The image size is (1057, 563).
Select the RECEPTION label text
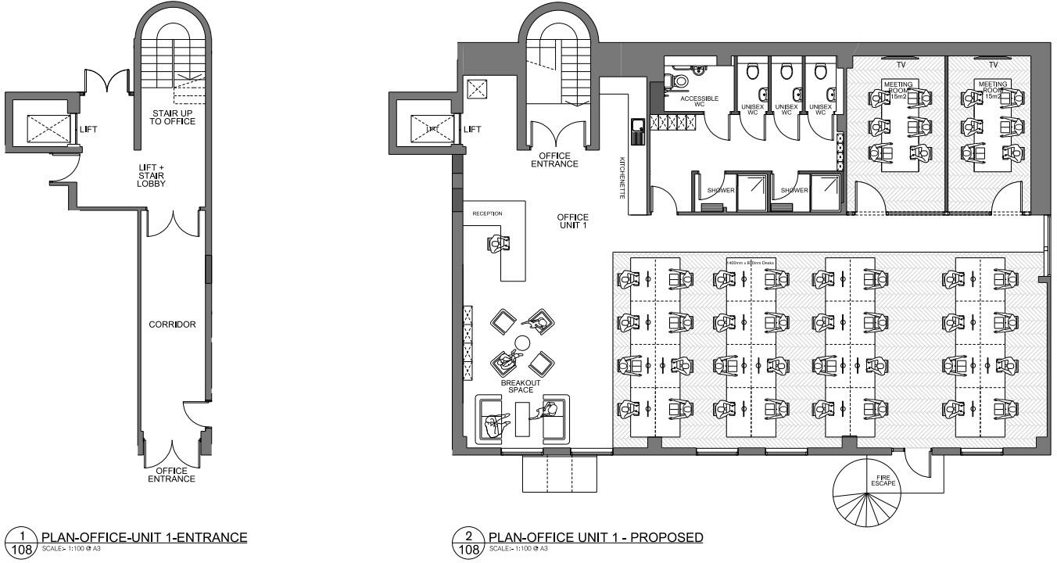coord(487,213)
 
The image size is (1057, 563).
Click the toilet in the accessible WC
coord(677,80)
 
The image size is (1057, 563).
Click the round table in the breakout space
coord(521,342)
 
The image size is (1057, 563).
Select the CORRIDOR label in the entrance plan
coord(172,325)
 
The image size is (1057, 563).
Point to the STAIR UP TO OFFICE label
coord(174,117)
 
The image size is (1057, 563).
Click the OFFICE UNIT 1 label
coord(572,221)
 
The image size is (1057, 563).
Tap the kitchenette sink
coord(638,124)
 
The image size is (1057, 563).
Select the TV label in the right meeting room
coord(994,65)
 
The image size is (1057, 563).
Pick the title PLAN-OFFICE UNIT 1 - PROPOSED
coord(595,537)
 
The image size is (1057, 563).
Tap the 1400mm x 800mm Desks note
coord(757,263)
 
